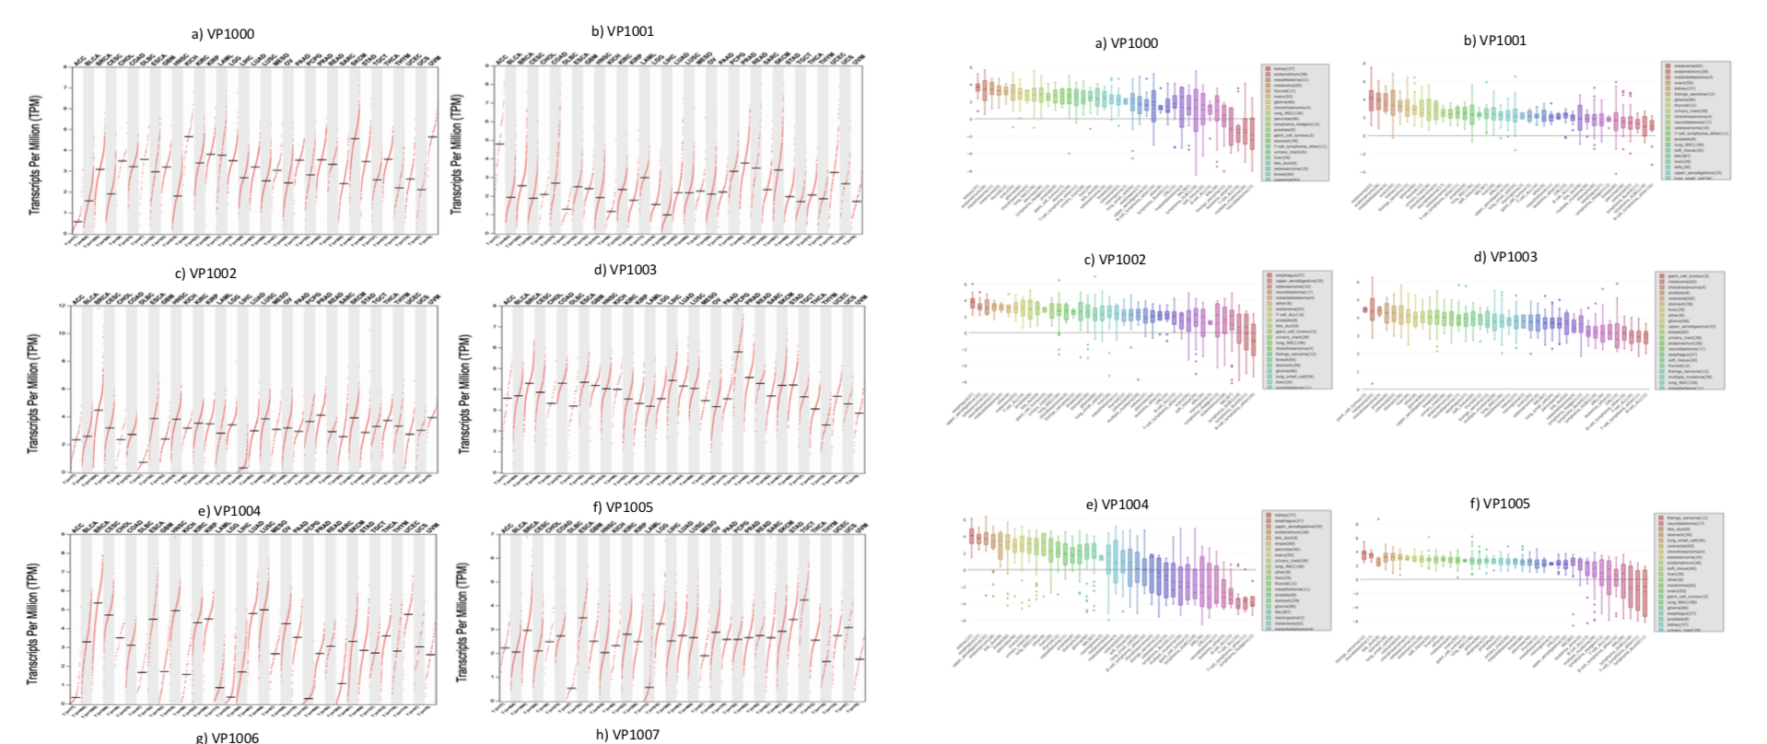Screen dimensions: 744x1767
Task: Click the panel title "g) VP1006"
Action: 228,738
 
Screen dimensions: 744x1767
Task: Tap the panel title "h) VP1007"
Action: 627,734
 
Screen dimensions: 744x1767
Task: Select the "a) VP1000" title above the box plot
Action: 1126,43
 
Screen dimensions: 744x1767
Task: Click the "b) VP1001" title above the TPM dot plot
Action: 623,31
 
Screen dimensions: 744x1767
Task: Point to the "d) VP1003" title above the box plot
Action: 1505,257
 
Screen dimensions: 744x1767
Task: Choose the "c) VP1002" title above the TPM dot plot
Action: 205,273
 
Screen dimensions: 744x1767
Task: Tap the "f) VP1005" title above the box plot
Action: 1500,504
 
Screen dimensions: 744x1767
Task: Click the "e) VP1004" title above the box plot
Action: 1118,505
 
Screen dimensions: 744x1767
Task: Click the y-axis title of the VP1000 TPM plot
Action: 35,155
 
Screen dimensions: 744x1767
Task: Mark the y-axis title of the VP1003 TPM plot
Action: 463,393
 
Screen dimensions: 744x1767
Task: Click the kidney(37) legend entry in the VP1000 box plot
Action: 1283,68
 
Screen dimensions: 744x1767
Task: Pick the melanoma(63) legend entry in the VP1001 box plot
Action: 1688,66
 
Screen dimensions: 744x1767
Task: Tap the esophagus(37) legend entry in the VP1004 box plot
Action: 1287,521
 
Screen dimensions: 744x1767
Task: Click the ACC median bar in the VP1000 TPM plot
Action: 77,222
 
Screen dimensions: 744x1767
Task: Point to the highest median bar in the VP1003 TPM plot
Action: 738,352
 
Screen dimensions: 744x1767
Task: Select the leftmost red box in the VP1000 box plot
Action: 978,87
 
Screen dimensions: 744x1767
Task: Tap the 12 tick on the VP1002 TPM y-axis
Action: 63,305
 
